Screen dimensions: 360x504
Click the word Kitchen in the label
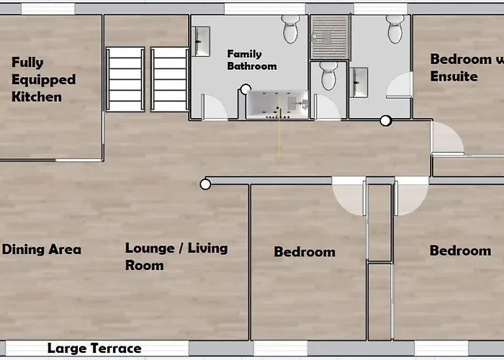pos(37,96)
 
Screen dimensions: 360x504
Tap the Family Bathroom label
pos(251,60)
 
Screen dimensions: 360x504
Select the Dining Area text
pos(42,250)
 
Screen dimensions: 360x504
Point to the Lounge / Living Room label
pos(176,256)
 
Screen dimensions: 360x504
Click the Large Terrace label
pos(94,348)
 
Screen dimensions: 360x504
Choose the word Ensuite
pos(454,76)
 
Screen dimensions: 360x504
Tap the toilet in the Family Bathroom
pos(291,29)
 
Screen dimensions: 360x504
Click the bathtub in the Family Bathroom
pos(277,105)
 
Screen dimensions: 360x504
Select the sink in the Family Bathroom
pos(202,41)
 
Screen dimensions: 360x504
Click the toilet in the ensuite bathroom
pos(395,29)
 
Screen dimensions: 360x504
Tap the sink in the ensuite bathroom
pos(359,81)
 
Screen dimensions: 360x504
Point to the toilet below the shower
pos(328,76)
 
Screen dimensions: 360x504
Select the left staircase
pos(125,79)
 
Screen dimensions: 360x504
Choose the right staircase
pos(170,79)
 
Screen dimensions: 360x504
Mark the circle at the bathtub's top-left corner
pos(246,90)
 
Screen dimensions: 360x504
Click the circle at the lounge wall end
pos(205,184)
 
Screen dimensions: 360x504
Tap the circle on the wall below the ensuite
pos(385,120)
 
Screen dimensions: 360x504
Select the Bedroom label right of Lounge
pos(304,252)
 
